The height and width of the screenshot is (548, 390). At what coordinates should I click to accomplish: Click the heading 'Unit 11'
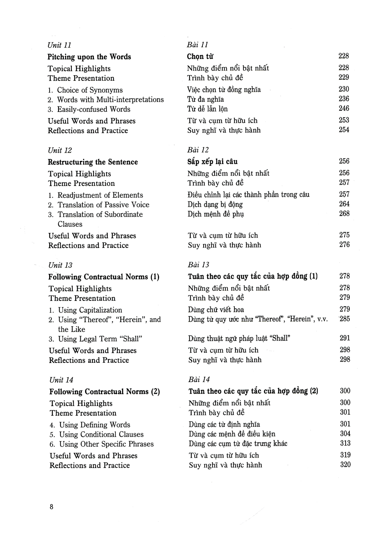click(x=59, y=45)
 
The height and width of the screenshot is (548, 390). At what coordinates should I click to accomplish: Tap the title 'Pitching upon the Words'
click(x=89, y=57)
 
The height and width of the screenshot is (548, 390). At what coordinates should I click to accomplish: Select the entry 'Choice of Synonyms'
click(x=90, y=90)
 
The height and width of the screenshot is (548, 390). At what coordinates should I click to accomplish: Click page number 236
click(x=344, y=99)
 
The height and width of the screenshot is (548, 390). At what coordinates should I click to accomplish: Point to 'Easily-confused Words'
click(x=94, y=110)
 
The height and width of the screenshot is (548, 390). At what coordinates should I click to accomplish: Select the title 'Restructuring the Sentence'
click(x=93, y=162)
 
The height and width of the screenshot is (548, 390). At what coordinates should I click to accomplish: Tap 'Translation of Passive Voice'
click(x=103, y=205)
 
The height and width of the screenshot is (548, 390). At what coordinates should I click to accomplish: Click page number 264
click(x=344, y=204)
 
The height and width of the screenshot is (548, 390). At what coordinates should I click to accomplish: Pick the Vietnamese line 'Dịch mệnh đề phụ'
click(x=216, y=214)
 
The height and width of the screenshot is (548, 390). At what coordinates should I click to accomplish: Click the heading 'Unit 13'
click(x=60, y=265)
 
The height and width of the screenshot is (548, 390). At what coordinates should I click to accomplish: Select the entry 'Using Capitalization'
click(x=90, y=310)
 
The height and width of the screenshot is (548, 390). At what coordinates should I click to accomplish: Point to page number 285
click(x=345, y=319)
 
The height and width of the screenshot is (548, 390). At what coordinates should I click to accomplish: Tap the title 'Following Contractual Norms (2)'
click(x=105, y=392)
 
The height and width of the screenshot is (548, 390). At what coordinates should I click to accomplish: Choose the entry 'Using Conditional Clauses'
click(x=101, y=435)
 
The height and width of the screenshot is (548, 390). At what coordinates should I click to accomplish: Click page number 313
click(x=345, y=443)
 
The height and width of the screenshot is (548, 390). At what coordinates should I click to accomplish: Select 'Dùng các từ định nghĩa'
click(x=224, y=424)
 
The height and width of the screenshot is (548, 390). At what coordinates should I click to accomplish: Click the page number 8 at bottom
click(x=51, y=507)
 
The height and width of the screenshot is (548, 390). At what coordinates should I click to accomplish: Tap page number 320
click(x=345, y=465)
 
